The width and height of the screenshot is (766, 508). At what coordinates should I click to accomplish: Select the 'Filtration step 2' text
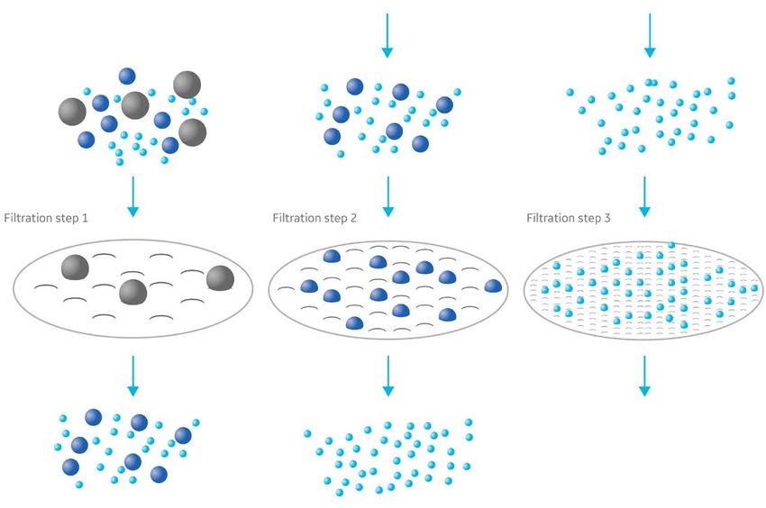[323, 218]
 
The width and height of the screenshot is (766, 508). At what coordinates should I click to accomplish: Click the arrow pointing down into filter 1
[133, 196]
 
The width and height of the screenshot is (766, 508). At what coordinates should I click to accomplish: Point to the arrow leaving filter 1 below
[133, 376]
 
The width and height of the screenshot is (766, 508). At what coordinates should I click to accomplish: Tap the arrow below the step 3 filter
[644, 376]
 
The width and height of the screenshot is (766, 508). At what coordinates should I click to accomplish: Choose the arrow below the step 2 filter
[388, 376]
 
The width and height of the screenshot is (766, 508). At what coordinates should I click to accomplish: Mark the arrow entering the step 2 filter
[388, 196]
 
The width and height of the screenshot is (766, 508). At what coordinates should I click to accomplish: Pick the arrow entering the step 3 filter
[644, 196]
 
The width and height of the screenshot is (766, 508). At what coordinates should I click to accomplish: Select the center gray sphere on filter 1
[132, 292]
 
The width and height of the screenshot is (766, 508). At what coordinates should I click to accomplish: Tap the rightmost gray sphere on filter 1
[219, 278]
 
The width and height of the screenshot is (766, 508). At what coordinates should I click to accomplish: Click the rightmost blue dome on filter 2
[493, 286]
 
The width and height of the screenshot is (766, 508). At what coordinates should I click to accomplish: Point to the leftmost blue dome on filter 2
[309, 286]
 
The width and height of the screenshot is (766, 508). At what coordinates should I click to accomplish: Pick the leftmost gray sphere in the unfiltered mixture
[71, 112]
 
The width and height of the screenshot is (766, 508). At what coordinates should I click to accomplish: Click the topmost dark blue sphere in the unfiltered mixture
[127, 76]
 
